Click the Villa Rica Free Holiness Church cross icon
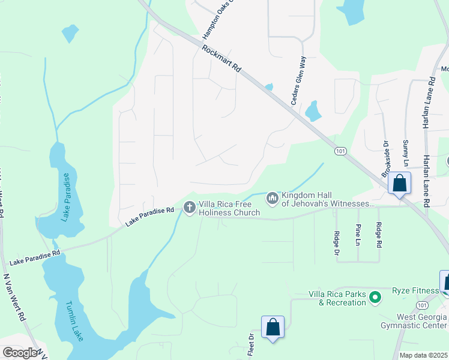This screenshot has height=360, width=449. click(190, 208)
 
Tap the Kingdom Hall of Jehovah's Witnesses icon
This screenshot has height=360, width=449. click(273, 197)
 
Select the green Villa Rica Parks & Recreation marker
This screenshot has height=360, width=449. click(375, 297)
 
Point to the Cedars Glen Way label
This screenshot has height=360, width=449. click(298, 82)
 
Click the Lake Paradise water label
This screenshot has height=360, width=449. click(67, 197)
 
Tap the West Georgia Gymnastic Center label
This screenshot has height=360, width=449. click(414, 321)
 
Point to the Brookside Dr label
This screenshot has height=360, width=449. click(385, 159)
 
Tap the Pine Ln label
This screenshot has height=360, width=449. click(358, 235)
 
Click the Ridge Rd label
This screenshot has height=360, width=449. click(379, 235)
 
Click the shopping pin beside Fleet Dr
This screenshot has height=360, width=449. click(273, 328)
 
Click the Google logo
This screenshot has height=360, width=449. click(20, 353)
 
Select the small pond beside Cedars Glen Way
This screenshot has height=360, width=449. click(313, 110)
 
